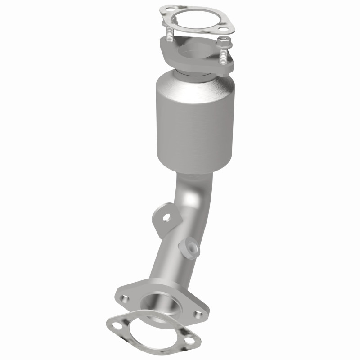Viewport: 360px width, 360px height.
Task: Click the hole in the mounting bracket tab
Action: (x=167, y=218)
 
